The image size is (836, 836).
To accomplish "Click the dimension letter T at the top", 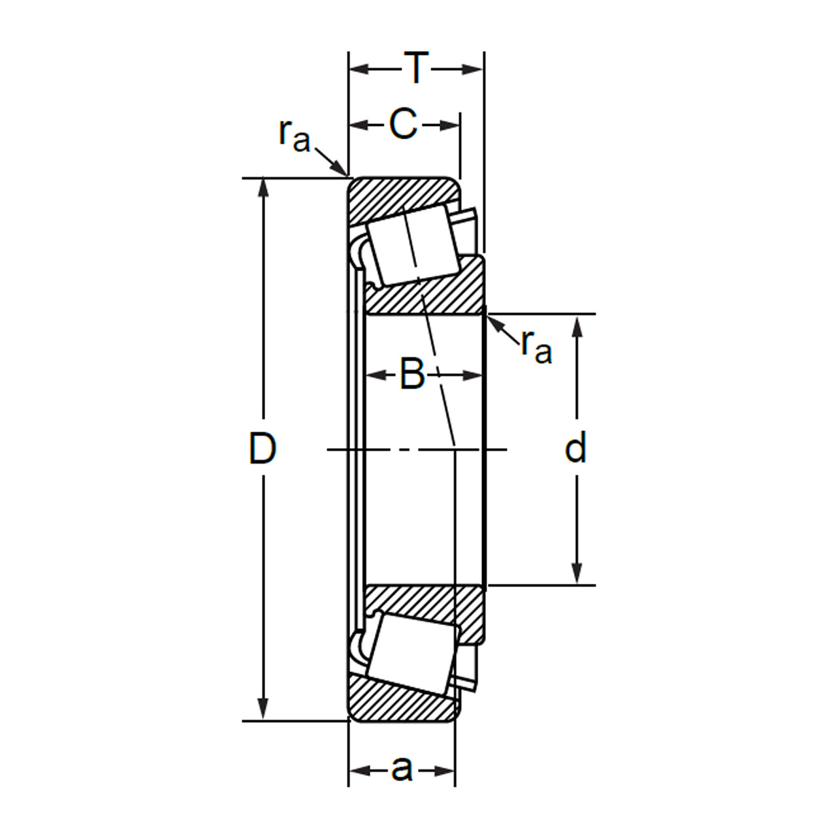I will point(416,67).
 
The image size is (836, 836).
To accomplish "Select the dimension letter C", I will point(403,123).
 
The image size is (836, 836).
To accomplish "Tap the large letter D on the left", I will point(263,449).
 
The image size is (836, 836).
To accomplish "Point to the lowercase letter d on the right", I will point(575,449).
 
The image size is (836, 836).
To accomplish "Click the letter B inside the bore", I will point(412,374).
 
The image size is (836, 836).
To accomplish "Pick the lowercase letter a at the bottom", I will point(402,769).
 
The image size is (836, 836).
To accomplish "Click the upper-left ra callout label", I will point(294,135).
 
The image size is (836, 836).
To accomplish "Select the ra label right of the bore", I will point(536,346).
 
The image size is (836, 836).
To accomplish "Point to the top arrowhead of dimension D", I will point(263,186).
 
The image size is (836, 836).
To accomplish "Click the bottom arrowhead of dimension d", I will point(577,575).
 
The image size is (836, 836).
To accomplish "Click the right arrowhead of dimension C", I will point(451,125).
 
